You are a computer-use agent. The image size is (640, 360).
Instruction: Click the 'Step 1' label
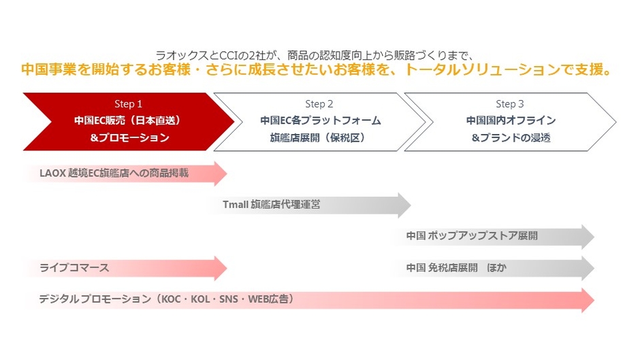(128, 104)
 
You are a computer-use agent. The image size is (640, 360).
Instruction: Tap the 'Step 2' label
(319, 104)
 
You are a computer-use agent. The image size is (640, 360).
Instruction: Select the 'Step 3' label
(510, 104)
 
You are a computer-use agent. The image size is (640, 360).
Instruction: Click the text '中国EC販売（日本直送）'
(128, 120)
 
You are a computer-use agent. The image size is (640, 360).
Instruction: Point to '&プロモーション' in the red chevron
(128, 137)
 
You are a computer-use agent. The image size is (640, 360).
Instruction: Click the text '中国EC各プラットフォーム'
(319, 120)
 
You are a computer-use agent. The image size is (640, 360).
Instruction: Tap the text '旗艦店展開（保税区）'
(319, 137)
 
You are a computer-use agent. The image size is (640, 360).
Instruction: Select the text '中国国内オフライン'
(510, 120)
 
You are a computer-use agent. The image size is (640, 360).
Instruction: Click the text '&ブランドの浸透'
(510, 137)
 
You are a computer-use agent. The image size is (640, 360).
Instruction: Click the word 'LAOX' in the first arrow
(52, 174)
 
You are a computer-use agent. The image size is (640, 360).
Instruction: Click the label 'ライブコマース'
(74, 268)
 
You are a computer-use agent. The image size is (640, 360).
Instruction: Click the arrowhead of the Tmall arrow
(404, 205)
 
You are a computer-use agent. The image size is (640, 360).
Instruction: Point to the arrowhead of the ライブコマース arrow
(220, 268)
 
